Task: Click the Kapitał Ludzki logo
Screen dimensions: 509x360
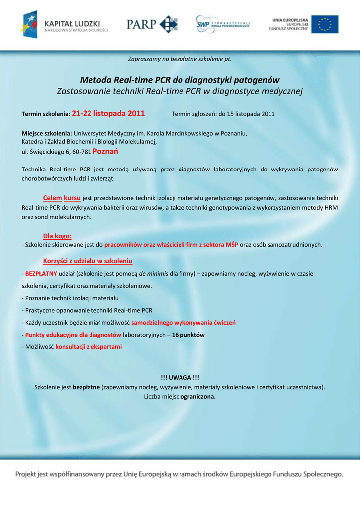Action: coord(65,24)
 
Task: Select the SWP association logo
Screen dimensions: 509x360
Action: coord(223,24)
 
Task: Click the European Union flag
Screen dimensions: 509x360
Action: coord(325,24)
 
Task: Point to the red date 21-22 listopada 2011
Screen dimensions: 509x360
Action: coord(108,113)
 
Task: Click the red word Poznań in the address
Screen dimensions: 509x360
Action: coord(109,151)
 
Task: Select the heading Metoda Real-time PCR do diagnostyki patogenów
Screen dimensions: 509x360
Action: coord(180,80)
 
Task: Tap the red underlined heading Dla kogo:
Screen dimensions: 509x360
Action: coord(57,236)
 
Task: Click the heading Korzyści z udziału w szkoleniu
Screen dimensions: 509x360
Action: coord(88,261)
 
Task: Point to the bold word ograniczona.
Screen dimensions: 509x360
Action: coord(198,397)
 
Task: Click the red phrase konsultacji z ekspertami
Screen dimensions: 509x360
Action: coord(89,346)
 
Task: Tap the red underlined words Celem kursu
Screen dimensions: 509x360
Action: coord(62,197)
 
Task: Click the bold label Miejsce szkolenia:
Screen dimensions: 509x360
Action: coord(47,133)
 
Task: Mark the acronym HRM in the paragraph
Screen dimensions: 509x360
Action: coord(331,207)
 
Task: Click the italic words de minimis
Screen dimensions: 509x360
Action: coord(153,274)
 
